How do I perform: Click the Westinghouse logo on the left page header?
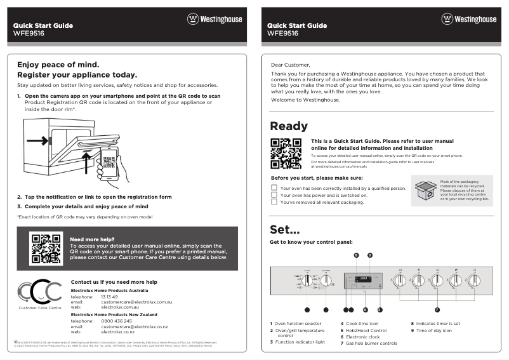tap(215, 19)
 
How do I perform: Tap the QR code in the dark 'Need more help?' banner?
tap(46, 248)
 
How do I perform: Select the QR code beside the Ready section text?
tap(286, 154)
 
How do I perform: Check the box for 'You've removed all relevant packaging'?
tap(274, 203)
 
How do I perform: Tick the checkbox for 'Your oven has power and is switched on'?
tap(274, 195)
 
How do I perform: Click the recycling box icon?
tap(425, 190)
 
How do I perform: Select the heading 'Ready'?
tap(289, 126)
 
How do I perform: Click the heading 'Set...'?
tap(284, 229)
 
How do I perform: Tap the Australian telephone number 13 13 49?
tap(110, 297)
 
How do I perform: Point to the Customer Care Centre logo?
tap(40, 292)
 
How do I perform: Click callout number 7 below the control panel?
tap(437, 310)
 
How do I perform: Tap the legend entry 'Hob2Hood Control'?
tap(366, 330)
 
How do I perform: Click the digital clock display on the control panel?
tap(364, 278)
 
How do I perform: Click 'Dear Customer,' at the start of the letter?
tap(290, 65)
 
